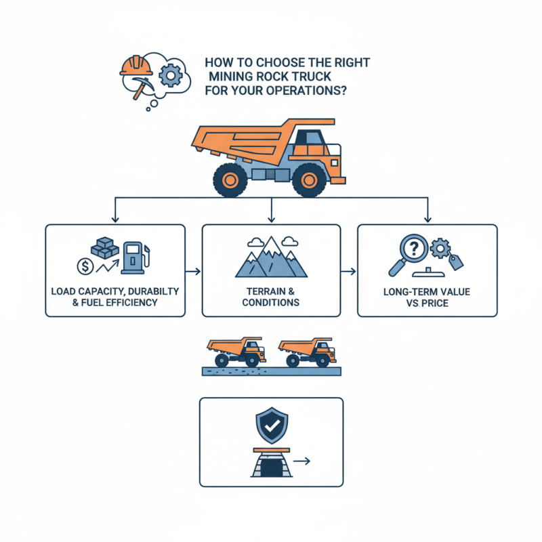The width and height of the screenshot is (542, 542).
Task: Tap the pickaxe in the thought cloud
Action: [x=143, y=87]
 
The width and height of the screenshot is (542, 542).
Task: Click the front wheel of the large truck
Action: [x=310, y=180]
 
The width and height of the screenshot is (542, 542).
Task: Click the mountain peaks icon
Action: [x=270, y=257]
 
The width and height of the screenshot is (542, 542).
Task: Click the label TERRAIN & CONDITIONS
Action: [x=271, y=297]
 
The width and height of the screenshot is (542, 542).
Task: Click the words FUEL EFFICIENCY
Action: [x=125, y=302]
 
